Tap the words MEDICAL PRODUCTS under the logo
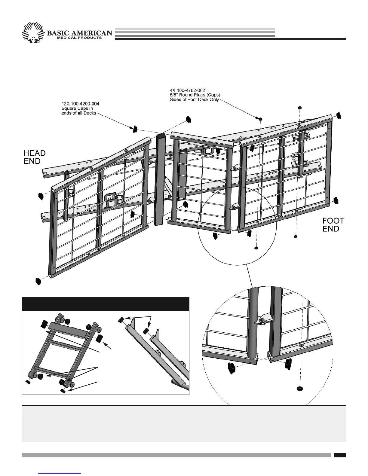pyautogui.click(x=79, y=38)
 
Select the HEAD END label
pyautogui.click(x=35, y=157)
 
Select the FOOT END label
pyautogui.click(x=333, y=224)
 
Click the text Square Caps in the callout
pyautogui.click(x=71, y=108)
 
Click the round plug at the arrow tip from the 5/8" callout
pyautogui.click(x=260, y=119)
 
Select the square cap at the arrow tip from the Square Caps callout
pyautogui.click(x=134, y=129)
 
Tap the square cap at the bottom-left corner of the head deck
pyautogui.click(x=38, y=281)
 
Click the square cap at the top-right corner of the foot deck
pyautogui.click(x=339, y=115)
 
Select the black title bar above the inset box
pyautogui.click(x=106, y=304)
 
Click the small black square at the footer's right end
pyautogui.click(x=340, y=455)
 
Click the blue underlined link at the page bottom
pyautogui.click(x=60, y=473)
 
